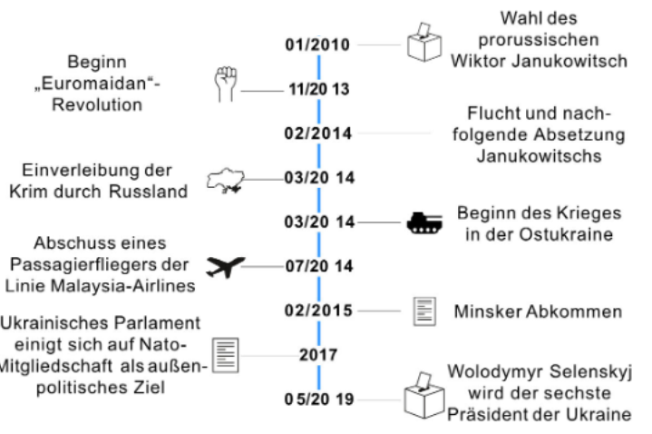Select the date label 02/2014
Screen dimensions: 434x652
[319, 133]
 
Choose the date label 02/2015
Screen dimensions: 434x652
[319, 311]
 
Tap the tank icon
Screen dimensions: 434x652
[423, 222]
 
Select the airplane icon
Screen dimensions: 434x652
[226, 266]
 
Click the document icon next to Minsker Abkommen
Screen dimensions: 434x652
[423, 311]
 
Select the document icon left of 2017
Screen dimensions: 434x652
[225, 353]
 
